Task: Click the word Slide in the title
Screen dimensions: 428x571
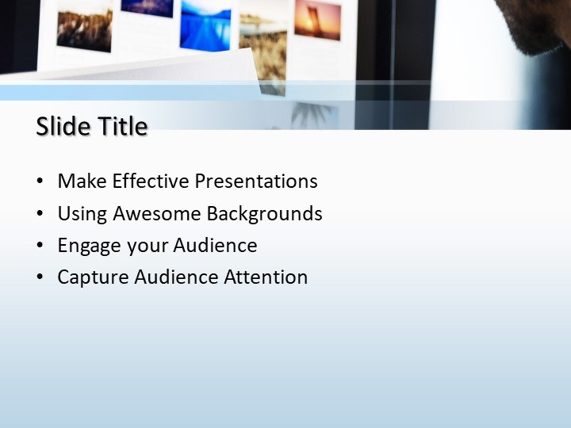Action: pos(63,126)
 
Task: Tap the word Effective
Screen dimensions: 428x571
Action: pos(151,181)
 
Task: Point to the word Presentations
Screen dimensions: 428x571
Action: pos(256,181)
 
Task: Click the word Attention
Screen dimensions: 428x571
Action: pos(266,277)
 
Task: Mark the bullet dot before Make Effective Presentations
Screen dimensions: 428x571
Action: pos(40,182)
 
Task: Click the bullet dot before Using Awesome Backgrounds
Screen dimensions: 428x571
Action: pos(40,214)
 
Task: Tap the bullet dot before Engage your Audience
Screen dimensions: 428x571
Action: pos(40,246)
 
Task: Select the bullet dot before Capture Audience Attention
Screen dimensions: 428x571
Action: pos(40,277)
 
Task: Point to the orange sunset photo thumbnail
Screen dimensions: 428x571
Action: pos(317,19)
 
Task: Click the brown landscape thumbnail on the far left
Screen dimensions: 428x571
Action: pos(84,29)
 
